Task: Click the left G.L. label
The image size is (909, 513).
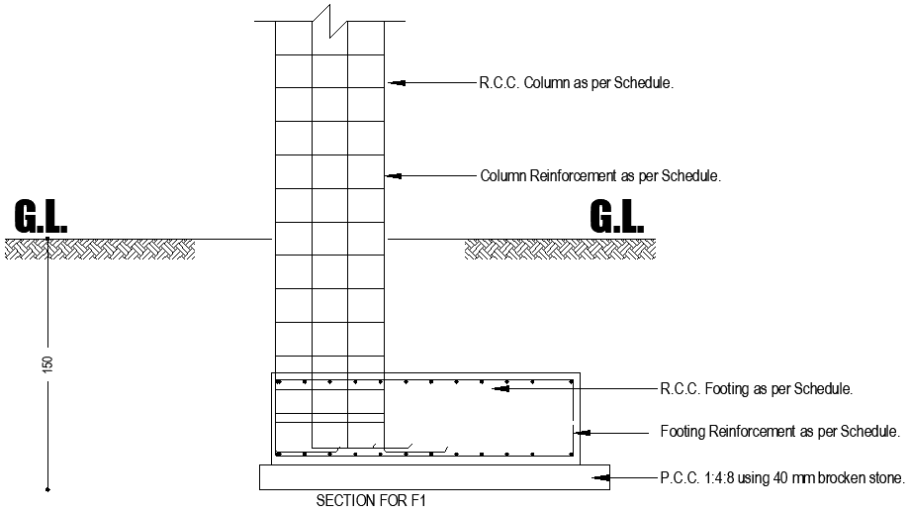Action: pos(41,217)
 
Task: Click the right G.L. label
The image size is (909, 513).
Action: pos(616,217)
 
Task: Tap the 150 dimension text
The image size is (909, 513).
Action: pos(47,363)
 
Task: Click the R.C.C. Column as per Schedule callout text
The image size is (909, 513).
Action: pos(577,84)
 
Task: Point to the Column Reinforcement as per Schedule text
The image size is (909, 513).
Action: pos(600,176)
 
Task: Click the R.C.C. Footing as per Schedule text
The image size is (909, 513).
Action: pos(757,389)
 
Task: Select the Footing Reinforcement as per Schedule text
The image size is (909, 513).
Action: pos(779,432)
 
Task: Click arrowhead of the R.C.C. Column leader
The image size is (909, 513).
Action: pos(391,83)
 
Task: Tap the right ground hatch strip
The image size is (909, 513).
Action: pos(559,250)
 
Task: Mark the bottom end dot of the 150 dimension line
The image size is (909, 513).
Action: pos(47,488)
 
